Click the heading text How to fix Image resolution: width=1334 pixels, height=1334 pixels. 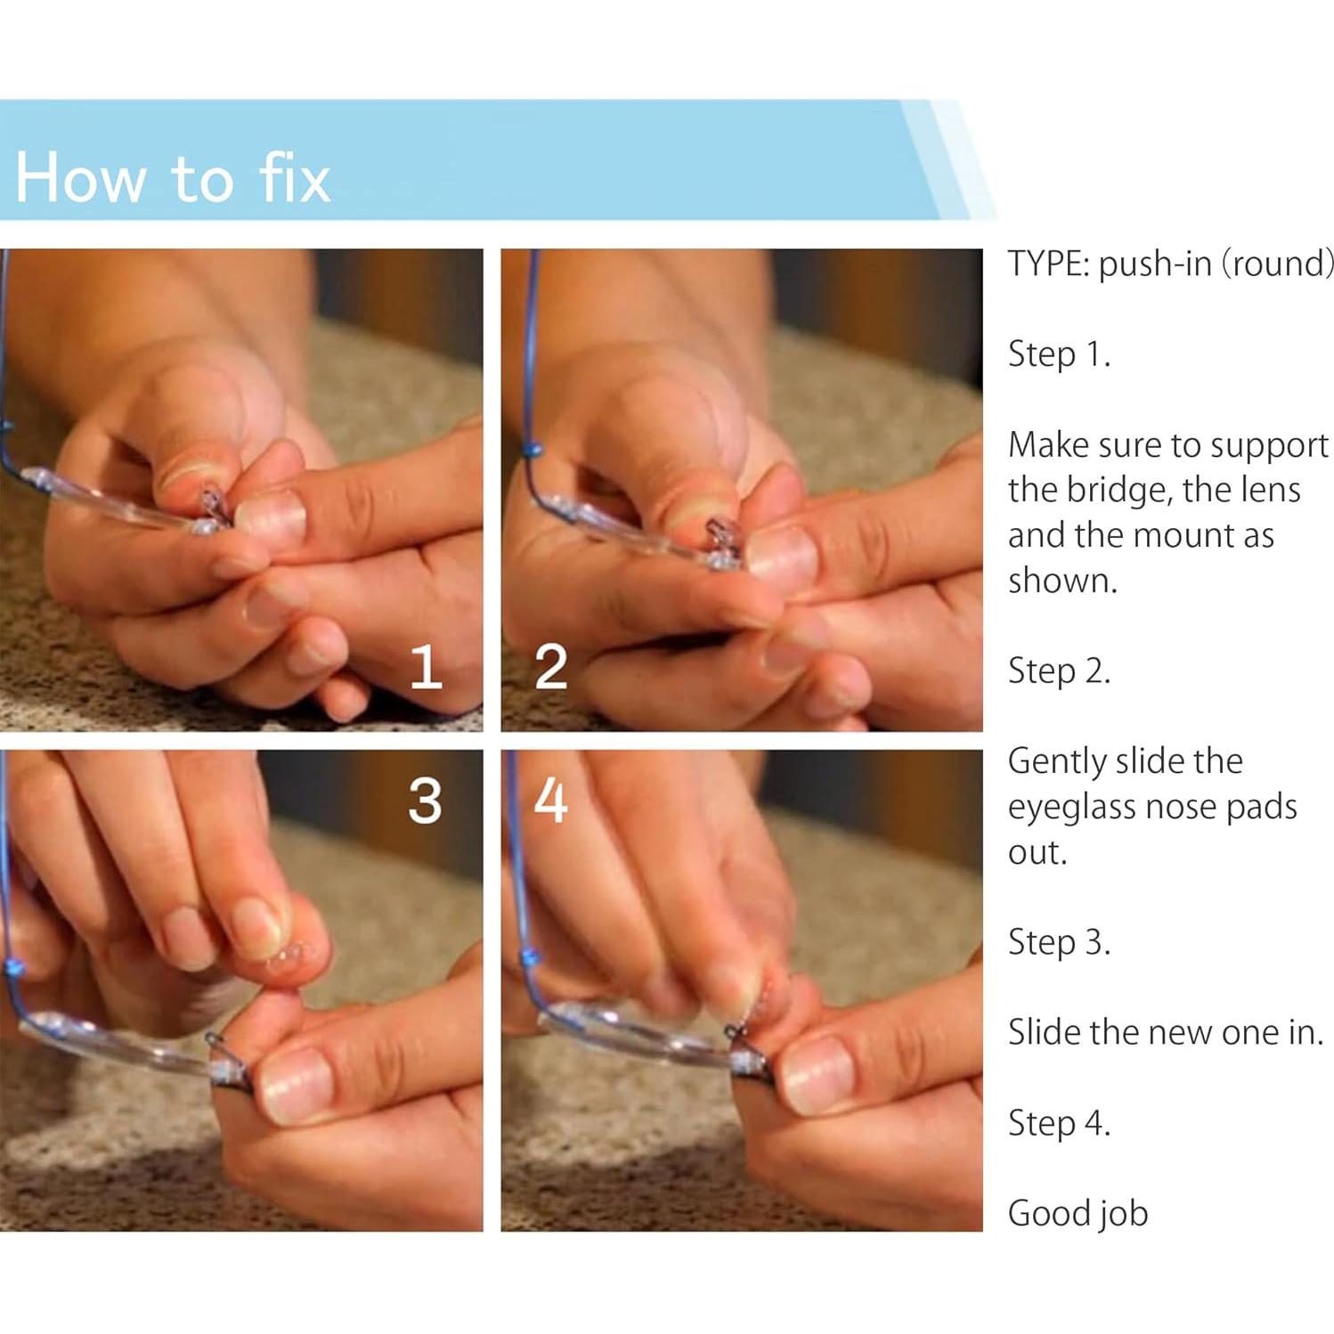pos(173,177)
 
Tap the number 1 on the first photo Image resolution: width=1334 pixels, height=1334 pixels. pos(426,668)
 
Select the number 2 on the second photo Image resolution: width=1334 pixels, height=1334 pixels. pos(550,668)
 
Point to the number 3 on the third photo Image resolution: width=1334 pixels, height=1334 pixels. pos(425,801)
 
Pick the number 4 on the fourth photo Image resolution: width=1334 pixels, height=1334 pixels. pos(550,801)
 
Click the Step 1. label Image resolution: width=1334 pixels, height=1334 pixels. pos(1059,354)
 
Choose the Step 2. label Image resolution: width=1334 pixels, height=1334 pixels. pos(1059,671)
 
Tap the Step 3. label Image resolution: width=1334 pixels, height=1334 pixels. pos(1059,942)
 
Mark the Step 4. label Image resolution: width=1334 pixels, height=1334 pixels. pos(1059,1123)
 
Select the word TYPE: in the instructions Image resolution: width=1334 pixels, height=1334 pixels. pos(1048,264)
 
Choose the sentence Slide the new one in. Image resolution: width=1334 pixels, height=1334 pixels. pos(1166,1032)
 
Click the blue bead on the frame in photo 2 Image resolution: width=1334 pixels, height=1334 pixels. pos(533,450)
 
